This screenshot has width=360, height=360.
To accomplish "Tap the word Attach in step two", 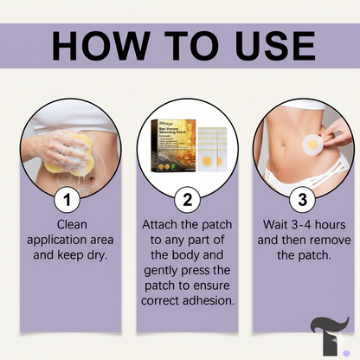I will coord(161,224).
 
